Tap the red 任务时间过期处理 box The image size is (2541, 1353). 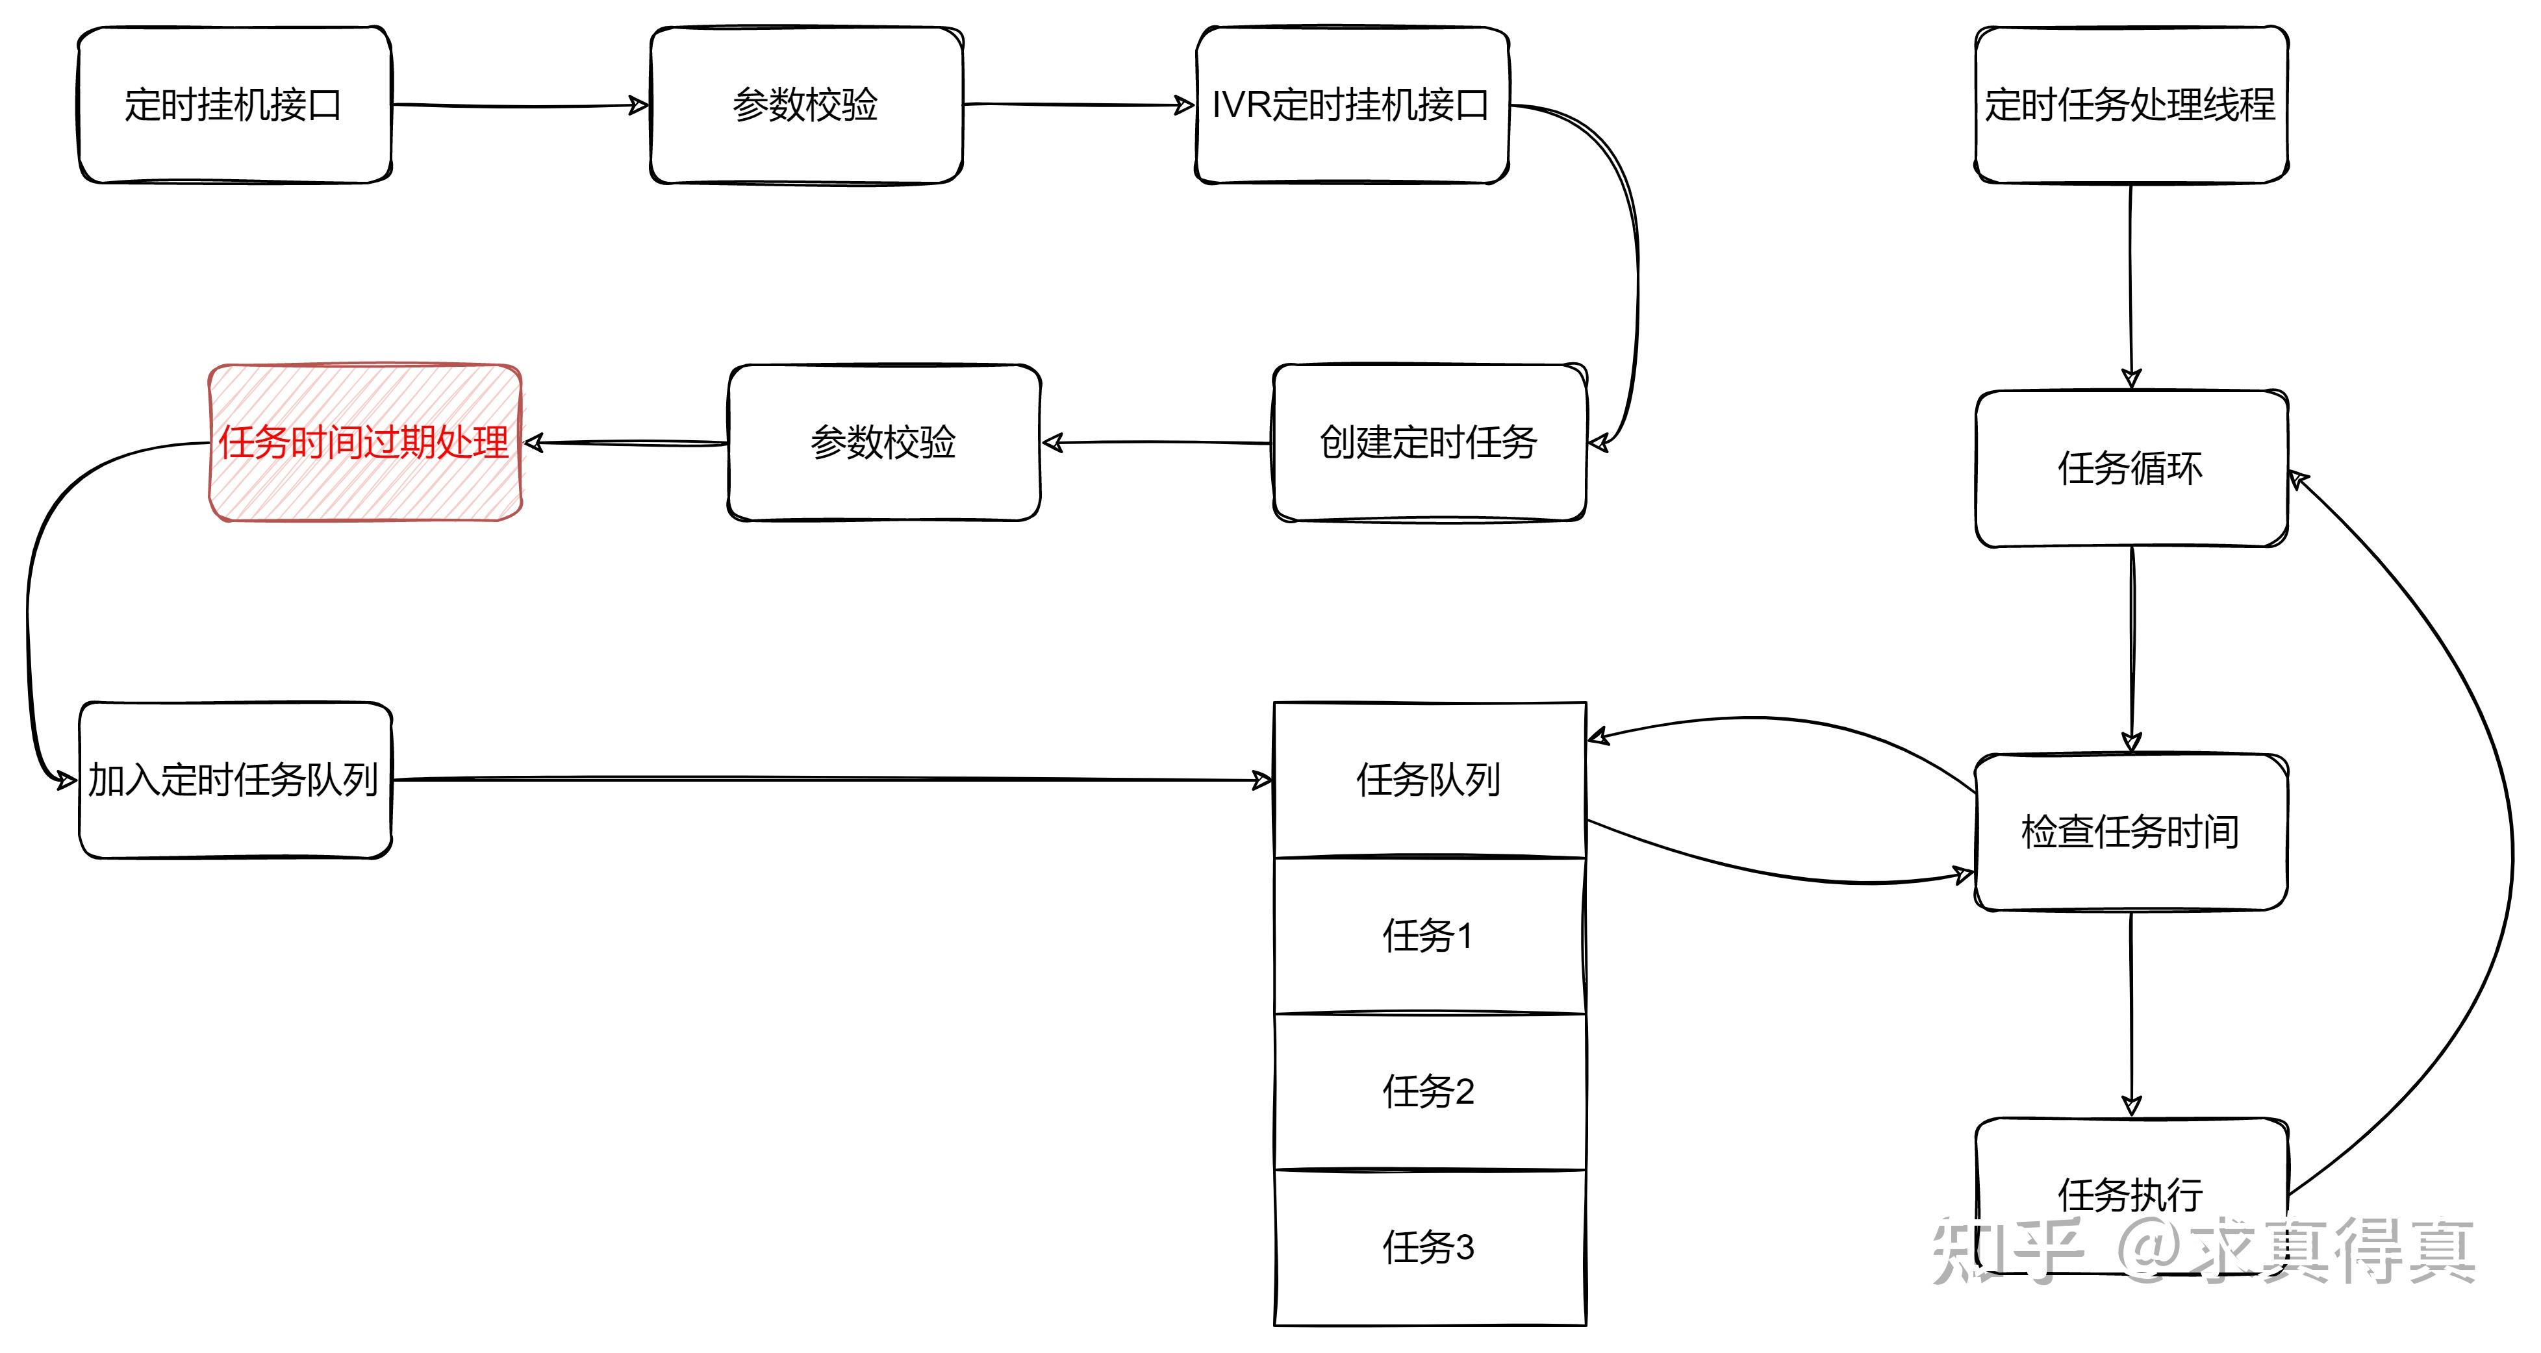click(364, 443)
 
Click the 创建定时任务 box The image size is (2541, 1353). click(1429, 443)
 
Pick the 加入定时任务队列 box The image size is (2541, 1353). click(234, 780)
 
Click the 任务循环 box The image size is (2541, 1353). click(2130, 469)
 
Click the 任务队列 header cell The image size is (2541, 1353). click(1429, 780)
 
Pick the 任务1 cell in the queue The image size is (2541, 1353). click(1429, 936)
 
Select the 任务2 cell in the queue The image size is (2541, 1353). click(1429, 1091)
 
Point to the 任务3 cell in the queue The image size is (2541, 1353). click(1429, 1247)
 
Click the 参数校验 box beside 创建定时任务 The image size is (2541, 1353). click(884, 443)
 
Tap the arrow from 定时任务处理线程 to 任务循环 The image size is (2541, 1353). click(2130, 286)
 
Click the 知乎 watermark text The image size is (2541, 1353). click(2007, 1250)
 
